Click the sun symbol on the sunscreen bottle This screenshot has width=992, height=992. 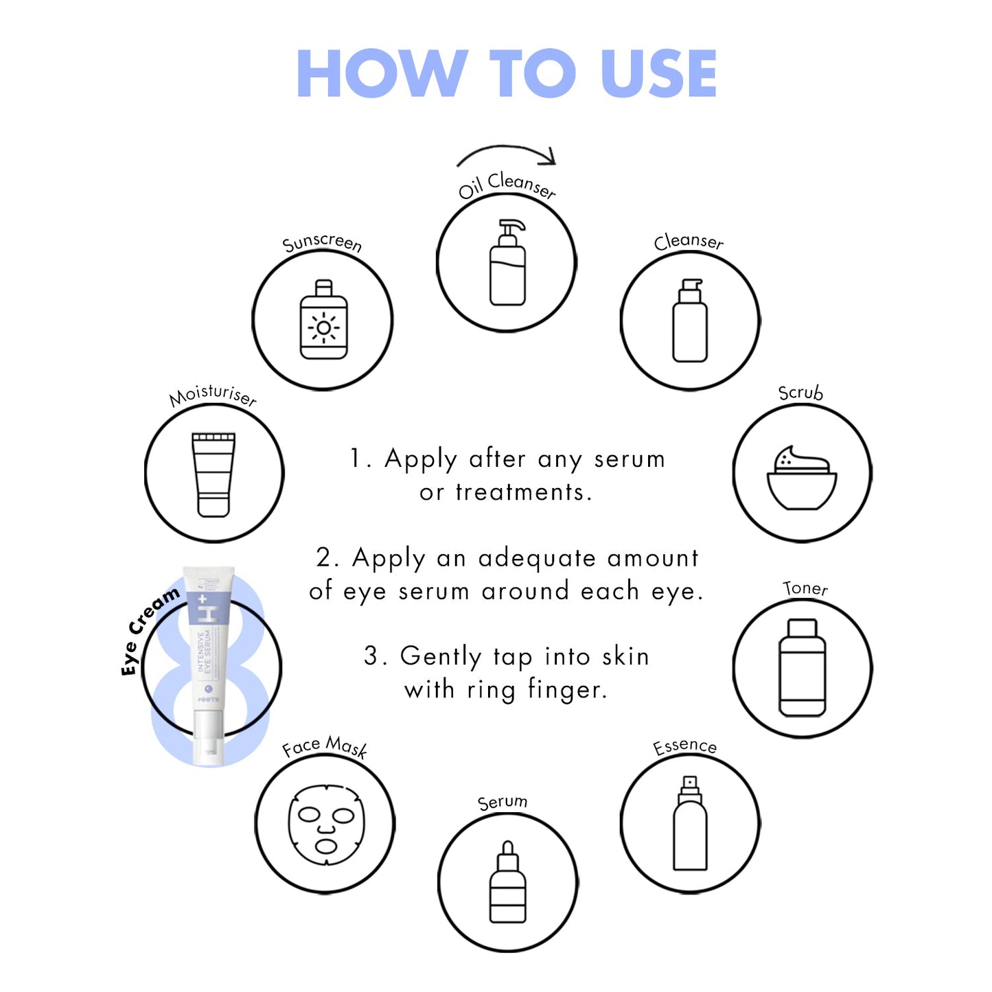(323, 327)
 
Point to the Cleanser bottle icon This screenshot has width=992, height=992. (690, 321)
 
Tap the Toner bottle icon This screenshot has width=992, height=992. (803, 668)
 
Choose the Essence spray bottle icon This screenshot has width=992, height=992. (690, 824)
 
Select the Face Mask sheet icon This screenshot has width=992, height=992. (325, 824)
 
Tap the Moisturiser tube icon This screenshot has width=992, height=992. (214, 474)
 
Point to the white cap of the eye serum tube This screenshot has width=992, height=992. (208, 738)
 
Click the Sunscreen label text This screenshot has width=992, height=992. (322, 242)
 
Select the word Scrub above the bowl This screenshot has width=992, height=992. (800, 393)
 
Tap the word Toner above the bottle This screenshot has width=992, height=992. (805, 588)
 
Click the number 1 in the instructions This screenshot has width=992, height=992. (356, 459)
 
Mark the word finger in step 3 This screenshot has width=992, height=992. (566, 689)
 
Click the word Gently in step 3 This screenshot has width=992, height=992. (440, 656)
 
